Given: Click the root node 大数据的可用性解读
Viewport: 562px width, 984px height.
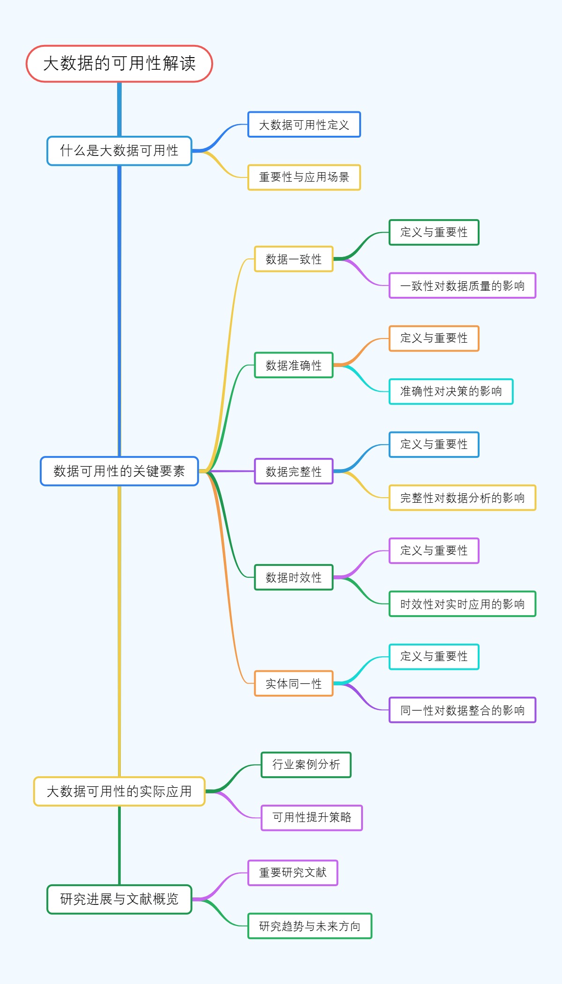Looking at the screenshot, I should [119, 64].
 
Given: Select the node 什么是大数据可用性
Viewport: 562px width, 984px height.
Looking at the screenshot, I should [119, 151].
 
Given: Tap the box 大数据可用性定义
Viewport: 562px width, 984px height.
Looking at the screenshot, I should [304, 125].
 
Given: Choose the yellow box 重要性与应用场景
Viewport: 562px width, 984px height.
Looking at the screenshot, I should [304, 177].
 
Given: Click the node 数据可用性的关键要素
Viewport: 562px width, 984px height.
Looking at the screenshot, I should [119, 471].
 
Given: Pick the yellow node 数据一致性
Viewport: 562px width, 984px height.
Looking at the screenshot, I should [294, 259].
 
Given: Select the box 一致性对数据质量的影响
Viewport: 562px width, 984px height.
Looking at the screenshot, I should [462, 286].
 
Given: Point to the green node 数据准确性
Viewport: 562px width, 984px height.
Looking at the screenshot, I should [294, 365].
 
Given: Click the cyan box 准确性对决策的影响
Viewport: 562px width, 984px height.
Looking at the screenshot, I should [451, 391].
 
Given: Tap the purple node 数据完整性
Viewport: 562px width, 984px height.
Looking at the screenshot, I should [294, 471].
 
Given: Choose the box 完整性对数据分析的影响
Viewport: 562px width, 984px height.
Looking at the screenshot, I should [462, 498].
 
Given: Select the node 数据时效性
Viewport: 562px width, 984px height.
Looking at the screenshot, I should [294, 577].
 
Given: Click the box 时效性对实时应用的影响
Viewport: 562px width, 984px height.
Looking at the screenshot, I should [462, 604].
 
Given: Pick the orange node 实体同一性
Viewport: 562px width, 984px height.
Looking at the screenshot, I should [294, 683].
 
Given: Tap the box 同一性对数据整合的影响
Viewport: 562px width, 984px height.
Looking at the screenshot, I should [462, 710].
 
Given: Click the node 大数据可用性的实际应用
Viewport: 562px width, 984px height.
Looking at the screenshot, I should [119, 791].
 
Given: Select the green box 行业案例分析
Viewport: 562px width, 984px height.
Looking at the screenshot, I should [306, 764].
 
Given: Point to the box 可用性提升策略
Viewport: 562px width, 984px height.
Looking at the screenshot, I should [311, 817].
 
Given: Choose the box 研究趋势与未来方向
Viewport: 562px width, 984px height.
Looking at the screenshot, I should [310, 926].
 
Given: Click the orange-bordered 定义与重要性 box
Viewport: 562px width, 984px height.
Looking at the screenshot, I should [434, 338].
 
